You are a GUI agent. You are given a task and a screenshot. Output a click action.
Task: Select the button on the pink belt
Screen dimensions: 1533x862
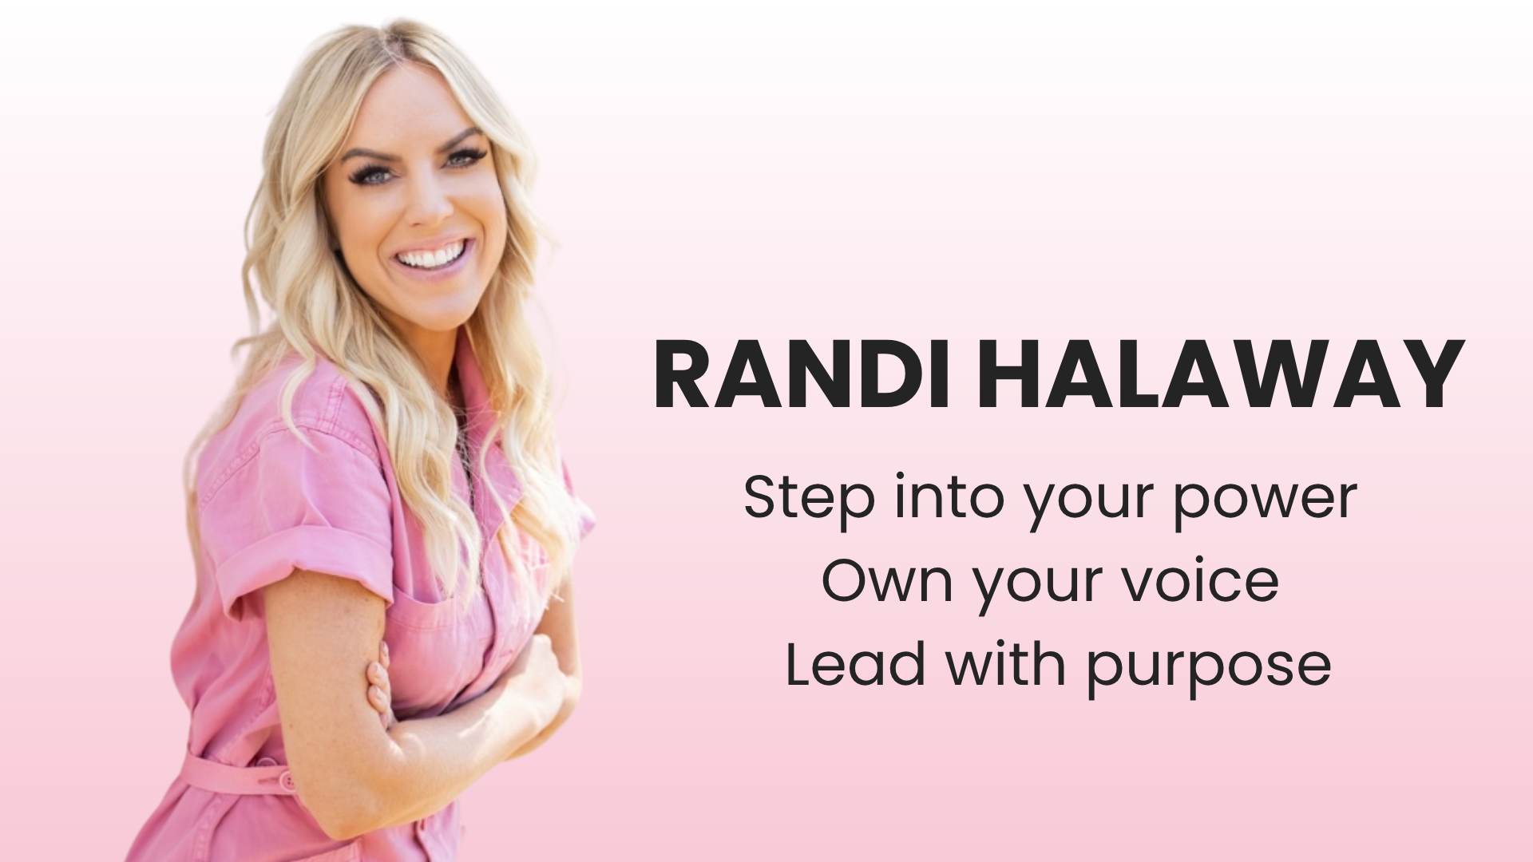(x=286, y=777)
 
